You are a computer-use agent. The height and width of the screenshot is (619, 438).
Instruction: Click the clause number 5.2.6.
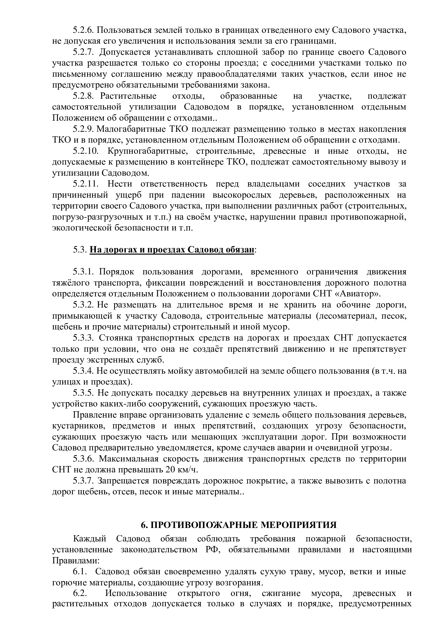pos(83,30)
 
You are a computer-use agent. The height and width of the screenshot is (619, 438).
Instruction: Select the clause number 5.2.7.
pos(83,52)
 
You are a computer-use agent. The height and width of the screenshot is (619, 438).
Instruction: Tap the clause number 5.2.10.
pos(86,151)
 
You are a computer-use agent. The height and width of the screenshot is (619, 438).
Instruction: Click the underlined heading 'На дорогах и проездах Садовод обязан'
pos(172,250)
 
